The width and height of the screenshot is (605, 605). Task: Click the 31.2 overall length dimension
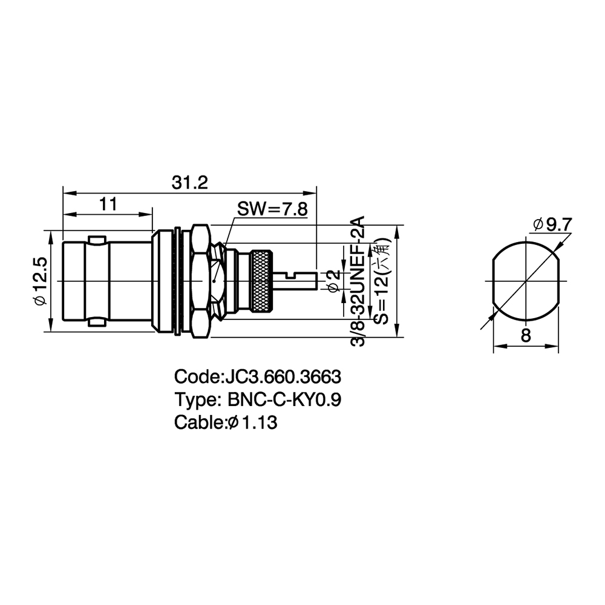[x=189, y=183]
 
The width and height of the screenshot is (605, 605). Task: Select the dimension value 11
[x=108, y=204]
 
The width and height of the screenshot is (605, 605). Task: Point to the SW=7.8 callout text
[x=272, y=209]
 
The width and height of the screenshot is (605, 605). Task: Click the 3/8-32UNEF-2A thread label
[x=358, y=281]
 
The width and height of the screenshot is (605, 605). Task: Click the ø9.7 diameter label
[x=552, y=224]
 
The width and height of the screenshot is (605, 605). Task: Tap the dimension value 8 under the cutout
[x=526, y=336]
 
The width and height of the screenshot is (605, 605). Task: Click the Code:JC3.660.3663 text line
[x=258, y=376]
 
